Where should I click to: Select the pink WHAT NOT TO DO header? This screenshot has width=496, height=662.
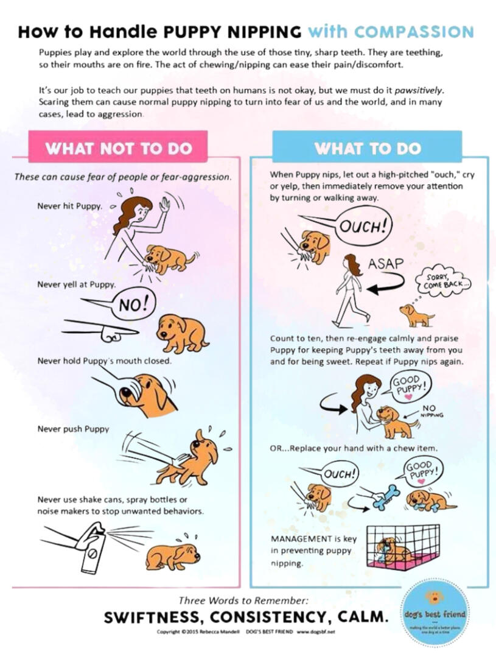click(x=118, y=148)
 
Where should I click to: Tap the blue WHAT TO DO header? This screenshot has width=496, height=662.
click(x=367, y=148)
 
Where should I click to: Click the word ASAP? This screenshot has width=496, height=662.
click(x=386, y=264)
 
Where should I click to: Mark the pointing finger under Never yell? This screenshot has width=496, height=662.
click(x=110, y=333)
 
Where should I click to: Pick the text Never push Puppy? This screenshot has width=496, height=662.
click(x=73, y=429)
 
